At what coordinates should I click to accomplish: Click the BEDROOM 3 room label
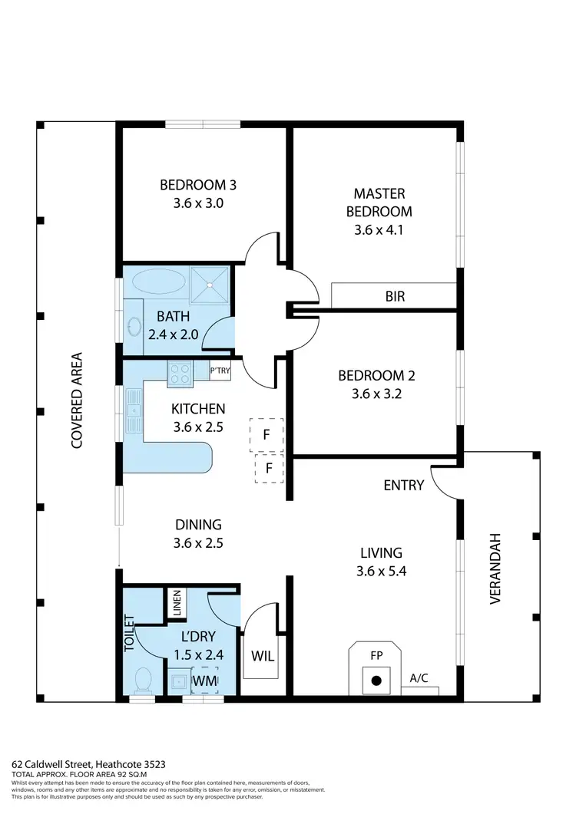click(198, 185)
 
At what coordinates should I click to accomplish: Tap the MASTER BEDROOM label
click(379, 203)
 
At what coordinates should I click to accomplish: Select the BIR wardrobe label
click(396, 296)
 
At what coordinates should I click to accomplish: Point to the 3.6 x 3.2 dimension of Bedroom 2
click(376, 396)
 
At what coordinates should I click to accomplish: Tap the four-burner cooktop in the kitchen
click(180, 374)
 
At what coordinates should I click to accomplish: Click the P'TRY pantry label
click(220, 371)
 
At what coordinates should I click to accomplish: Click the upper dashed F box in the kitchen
click(266, 434)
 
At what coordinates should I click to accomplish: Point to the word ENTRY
click(404, 485)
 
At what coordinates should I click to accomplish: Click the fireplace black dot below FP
click(376, 681)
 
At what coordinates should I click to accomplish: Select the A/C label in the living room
click(419, 678)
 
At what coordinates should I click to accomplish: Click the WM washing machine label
click(204, 680)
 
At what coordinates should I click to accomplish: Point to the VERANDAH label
click(495, 568)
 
